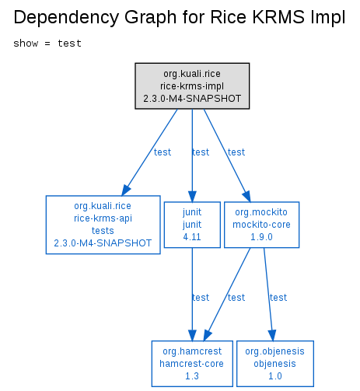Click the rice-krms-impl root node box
192,86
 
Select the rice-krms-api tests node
103,225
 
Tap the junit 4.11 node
192,225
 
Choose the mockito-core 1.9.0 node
261,225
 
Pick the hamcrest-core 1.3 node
192,364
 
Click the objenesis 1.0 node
275,364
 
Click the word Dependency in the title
66,18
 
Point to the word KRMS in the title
278,17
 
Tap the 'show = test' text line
47,44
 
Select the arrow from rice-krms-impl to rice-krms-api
149,152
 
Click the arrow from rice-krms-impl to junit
192,155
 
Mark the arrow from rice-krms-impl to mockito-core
227,155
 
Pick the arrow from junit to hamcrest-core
192,295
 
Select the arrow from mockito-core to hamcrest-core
227,295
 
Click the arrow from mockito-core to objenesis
268,295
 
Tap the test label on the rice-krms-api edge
163,152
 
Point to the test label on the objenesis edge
278,298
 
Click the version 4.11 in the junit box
192,237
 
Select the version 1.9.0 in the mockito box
261,237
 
